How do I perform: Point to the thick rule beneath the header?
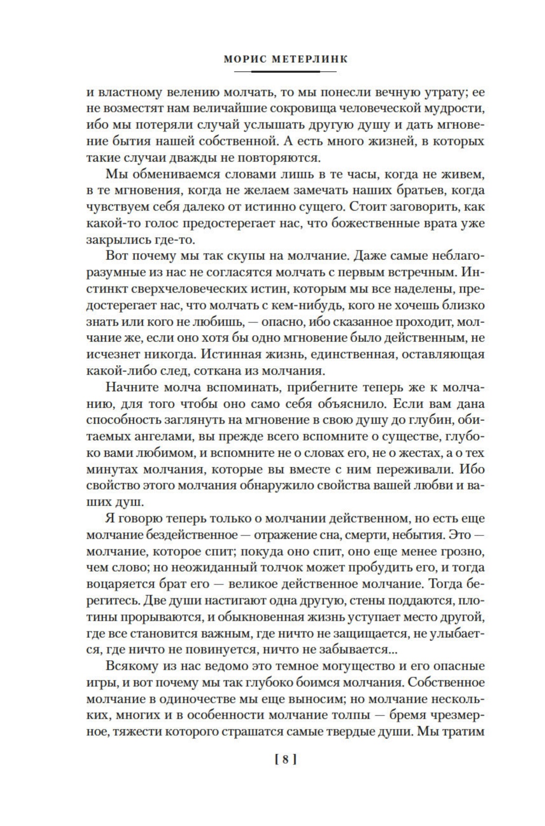click(x=284, y=71)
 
